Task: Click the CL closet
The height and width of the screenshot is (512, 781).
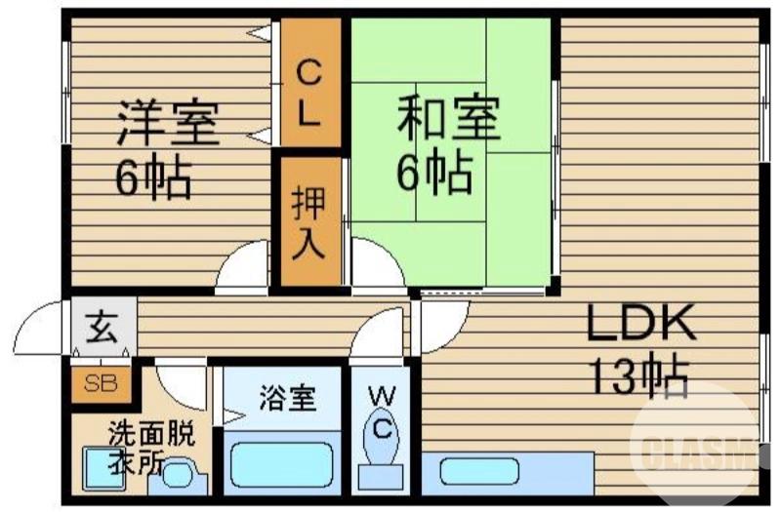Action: pyautogui.click(x=309, y=93)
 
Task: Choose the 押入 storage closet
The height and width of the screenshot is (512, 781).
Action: pyautogui.click(x=309, y=221)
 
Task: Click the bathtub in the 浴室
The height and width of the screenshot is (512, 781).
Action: pyautogui.click(x=280, y=463)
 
